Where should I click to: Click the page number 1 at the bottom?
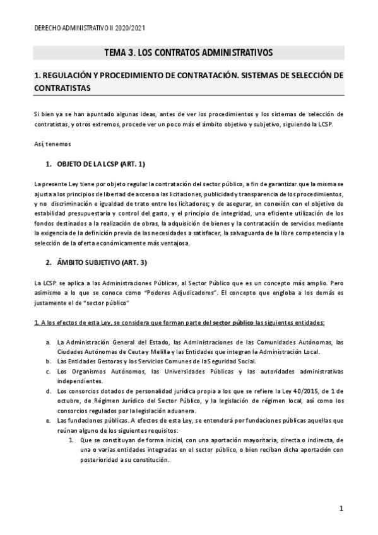point(340,508)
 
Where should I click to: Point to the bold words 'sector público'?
point(233,322)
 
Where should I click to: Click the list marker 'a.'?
point(49,342)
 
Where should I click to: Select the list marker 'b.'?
point(49,362)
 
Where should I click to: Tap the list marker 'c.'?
point(49,372)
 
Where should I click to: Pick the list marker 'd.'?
point(49,391)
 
